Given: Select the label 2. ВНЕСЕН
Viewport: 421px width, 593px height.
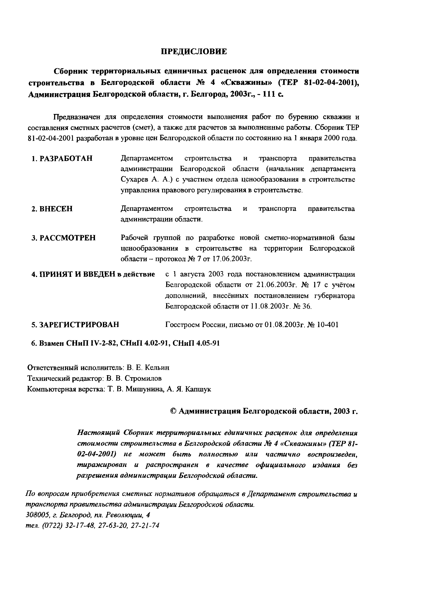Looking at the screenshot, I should pyautogui.click(x=52, y=209).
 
